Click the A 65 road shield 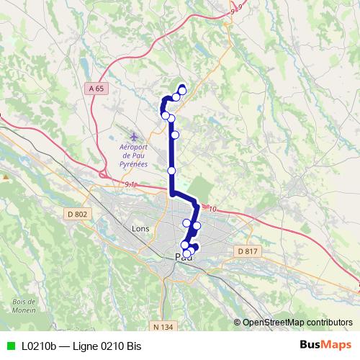pyautogui.click(x=98, y=88)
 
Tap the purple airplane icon pyautogui.click(x=133, y=136)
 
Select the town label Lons pyautogui.click(x=140, y=228)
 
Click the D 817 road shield pyautogui.click(x=247, y=251)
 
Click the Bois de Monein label pyautogui.click(x=24, y=305)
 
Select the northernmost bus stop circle pyautogui.click(x=182, y=90)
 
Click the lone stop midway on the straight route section pyautogui.click(x=171, y=170)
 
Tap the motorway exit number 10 pyautogui.click(x=212, y=209)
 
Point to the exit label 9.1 pyautogui.click(x=130, y=185)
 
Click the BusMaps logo pyautogui.click(x=325, y=344)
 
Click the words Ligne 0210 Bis pyautogui.click(x=107, y=345)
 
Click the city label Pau pyautogui.click(x=184, y=259)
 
